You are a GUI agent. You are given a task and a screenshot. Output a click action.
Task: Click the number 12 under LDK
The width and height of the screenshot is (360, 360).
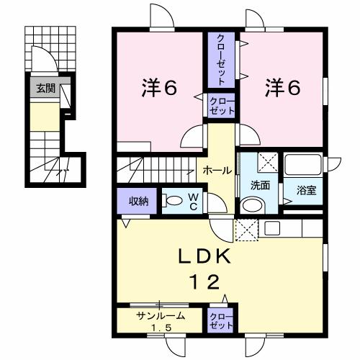tap(202, 282)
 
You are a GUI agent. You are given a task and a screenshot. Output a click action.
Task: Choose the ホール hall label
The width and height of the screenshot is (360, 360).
tap(217, 171)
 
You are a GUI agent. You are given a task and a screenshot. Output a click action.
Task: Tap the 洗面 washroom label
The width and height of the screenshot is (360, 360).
tap(260, 185)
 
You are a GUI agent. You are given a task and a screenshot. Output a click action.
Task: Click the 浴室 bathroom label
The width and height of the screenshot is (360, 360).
tap(307, 190)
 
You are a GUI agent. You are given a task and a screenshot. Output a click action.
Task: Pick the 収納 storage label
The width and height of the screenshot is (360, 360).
tap(139, 200)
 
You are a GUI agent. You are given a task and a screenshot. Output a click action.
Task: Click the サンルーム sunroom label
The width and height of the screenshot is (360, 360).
tap(160, 315)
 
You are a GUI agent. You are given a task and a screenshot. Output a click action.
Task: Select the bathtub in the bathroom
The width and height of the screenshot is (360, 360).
tap(305, 167)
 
